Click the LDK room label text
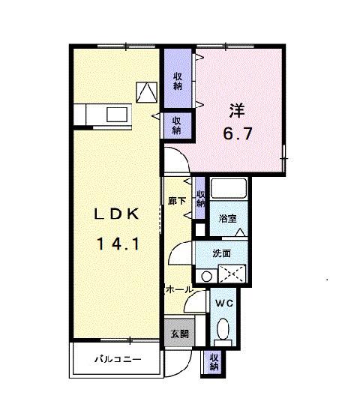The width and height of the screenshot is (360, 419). (115, 214)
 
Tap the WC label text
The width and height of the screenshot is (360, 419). (224, 304)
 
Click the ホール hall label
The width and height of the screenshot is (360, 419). (178, 289)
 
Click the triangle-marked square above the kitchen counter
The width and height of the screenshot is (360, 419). (146, 91)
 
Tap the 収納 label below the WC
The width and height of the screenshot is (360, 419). (214, 362)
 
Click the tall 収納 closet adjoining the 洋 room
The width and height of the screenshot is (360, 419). (178, 80)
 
